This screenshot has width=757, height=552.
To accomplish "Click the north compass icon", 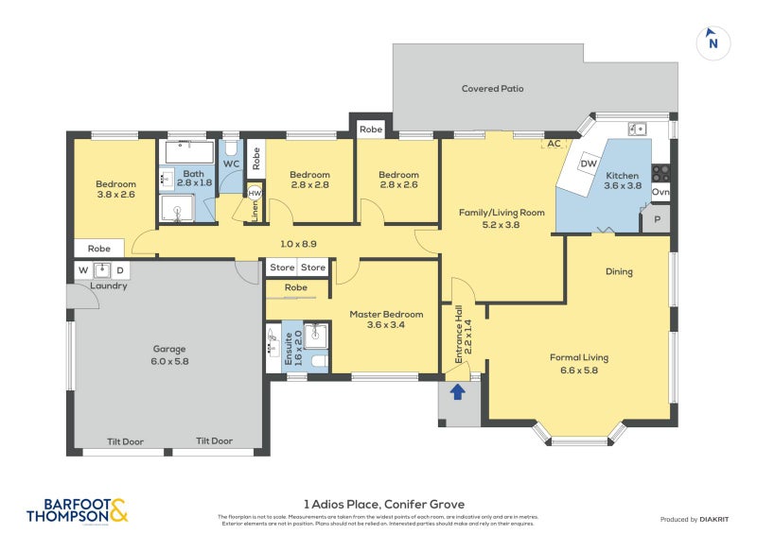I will [713, 43].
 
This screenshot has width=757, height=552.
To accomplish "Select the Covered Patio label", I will [492, 89].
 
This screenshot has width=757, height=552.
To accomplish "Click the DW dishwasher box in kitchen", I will [589, 164].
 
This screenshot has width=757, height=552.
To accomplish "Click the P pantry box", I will [657, 219].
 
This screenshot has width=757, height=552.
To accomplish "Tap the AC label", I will [555, 144].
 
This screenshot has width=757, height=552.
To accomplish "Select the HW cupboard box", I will [254, 192].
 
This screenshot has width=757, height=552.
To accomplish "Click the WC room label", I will [231, 164].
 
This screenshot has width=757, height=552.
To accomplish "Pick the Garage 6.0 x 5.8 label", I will [169, 354].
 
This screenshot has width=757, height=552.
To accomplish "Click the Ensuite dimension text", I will [297, 349].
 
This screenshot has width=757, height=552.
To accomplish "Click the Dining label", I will [619, 272].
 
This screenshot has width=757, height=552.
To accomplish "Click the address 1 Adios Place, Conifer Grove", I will [383, 504].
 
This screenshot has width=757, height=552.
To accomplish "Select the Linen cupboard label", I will [254, 211].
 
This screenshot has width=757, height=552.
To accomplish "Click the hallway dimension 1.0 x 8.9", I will [299, 244].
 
